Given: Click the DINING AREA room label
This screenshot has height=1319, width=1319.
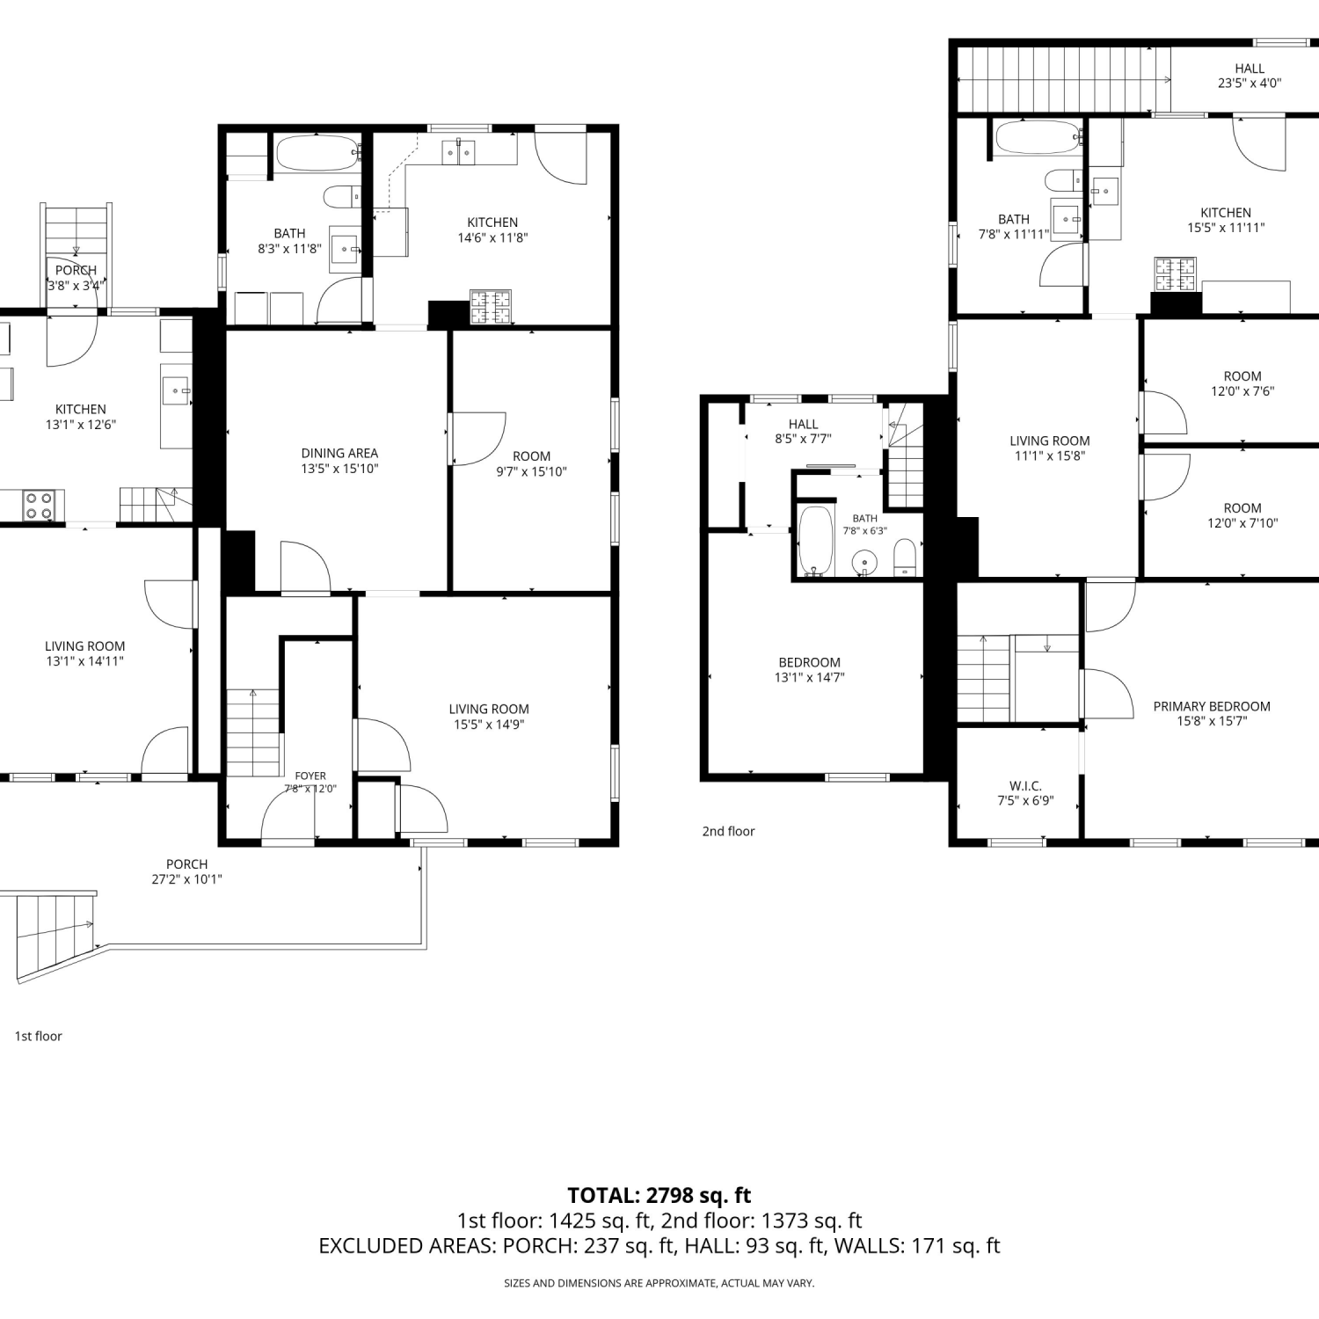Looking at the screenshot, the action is tap(339, 454).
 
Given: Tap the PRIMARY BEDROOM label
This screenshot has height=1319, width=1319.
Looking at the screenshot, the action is tap(1212, 706).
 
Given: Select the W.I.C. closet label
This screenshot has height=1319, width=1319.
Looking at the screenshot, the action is tap(1025, 786).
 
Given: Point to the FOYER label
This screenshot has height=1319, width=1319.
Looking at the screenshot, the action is tap(310, 776).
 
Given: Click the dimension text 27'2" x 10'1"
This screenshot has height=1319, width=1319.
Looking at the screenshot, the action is tap(186, 879).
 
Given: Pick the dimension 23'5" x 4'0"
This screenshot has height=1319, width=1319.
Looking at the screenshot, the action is tap(1250, 84).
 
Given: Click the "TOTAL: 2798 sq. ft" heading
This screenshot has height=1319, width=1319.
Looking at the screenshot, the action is tap(659, 1195).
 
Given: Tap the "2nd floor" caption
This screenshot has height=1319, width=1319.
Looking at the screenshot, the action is tap(728, 831).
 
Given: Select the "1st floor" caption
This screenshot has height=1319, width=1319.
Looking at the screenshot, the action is tap(38, 1036).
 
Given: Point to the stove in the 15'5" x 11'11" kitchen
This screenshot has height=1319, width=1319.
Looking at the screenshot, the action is tap(1176, 273).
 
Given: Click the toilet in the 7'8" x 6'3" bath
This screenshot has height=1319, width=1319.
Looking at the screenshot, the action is tap(905, 558).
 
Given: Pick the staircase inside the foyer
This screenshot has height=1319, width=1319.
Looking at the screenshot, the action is tap(253, 733).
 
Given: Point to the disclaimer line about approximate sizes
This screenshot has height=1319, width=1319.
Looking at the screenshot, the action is tap(659, 1283).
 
